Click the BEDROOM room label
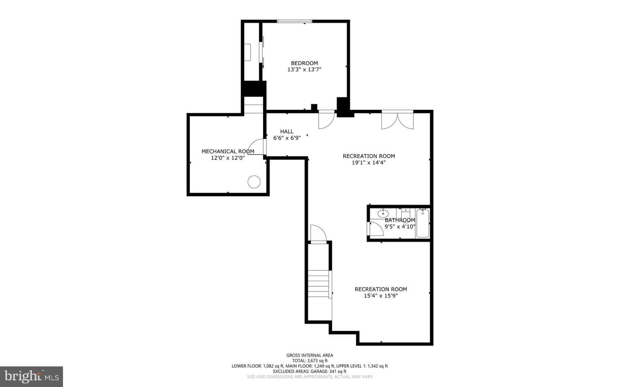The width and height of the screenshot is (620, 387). point(304,63)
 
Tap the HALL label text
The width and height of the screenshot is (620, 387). point(287,131)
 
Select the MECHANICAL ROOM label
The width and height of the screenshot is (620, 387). point(228,152)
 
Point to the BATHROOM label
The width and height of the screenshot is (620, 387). point(400,220)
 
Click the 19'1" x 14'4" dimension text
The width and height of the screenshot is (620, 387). point(369,162)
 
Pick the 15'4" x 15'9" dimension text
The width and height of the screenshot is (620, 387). point(381,296)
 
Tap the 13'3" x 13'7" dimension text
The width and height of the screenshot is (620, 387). point(304,69)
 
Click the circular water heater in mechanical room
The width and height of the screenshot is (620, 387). point(254,182)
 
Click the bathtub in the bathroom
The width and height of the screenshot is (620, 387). point(423,223)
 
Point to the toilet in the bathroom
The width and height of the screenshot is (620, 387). point(406,214)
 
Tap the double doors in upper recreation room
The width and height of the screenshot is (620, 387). point(397,120)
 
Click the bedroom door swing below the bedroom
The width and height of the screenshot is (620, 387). point(327,120)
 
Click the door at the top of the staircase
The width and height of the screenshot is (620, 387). point(319,234)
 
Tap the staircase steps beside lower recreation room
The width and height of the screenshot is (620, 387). point(319,284)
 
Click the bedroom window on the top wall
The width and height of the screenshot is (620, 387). point(294,21)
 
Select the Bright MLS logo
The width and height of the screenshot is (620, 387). point(31,377)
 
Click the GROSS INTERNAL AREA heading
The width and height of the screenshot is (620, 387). point(310,355)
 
